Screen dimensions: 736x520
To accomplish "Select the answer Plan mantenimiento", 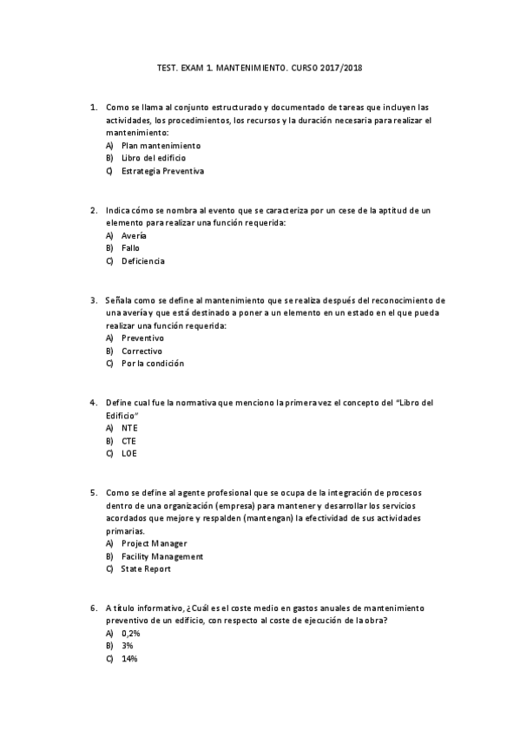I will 161,146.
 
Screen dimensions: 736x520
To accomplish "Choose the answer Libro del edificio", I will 154,159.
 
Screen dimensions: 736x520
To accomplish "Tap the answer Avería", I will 134,236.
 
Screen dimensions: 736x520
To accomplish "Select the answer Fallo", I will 130,248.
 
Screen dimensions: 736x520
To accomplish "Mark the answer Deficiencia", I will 142,261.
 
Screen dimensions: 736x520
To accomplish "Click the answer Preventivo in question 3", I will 142,338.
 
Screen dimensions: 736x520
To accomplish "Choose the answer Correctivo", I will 142,351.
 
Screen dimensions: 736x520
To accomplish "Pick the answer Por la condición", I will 153,364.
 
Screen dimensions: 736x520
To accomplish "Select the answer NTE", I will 129,428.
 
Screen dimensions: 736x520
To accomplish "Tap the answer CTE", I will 128,441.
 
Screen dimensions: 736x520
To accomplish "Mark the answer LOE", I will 128,453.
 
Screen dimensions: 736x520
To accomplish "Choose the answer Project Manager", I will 154,543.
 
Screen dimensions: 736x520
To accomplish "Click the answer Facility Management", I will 162,556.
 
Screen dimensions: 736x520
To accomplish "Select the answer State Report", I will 146,569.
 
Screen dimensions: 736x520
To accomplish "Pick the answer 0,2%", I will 131,634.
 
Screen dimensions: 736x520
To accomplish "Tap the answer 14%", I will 129,659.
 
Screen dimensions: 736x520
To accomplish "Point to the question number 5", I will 93,493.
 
